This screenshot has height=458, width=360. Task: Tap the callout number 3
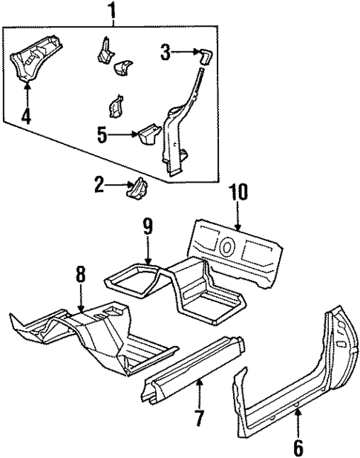tap(166, 52)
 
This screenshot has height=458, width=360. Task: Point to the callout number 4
tap(27, 116)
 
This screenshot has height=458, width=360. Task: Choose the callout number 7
tap(198, 418)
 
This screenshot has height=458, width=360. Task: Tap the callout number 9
tap(148, 225)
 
